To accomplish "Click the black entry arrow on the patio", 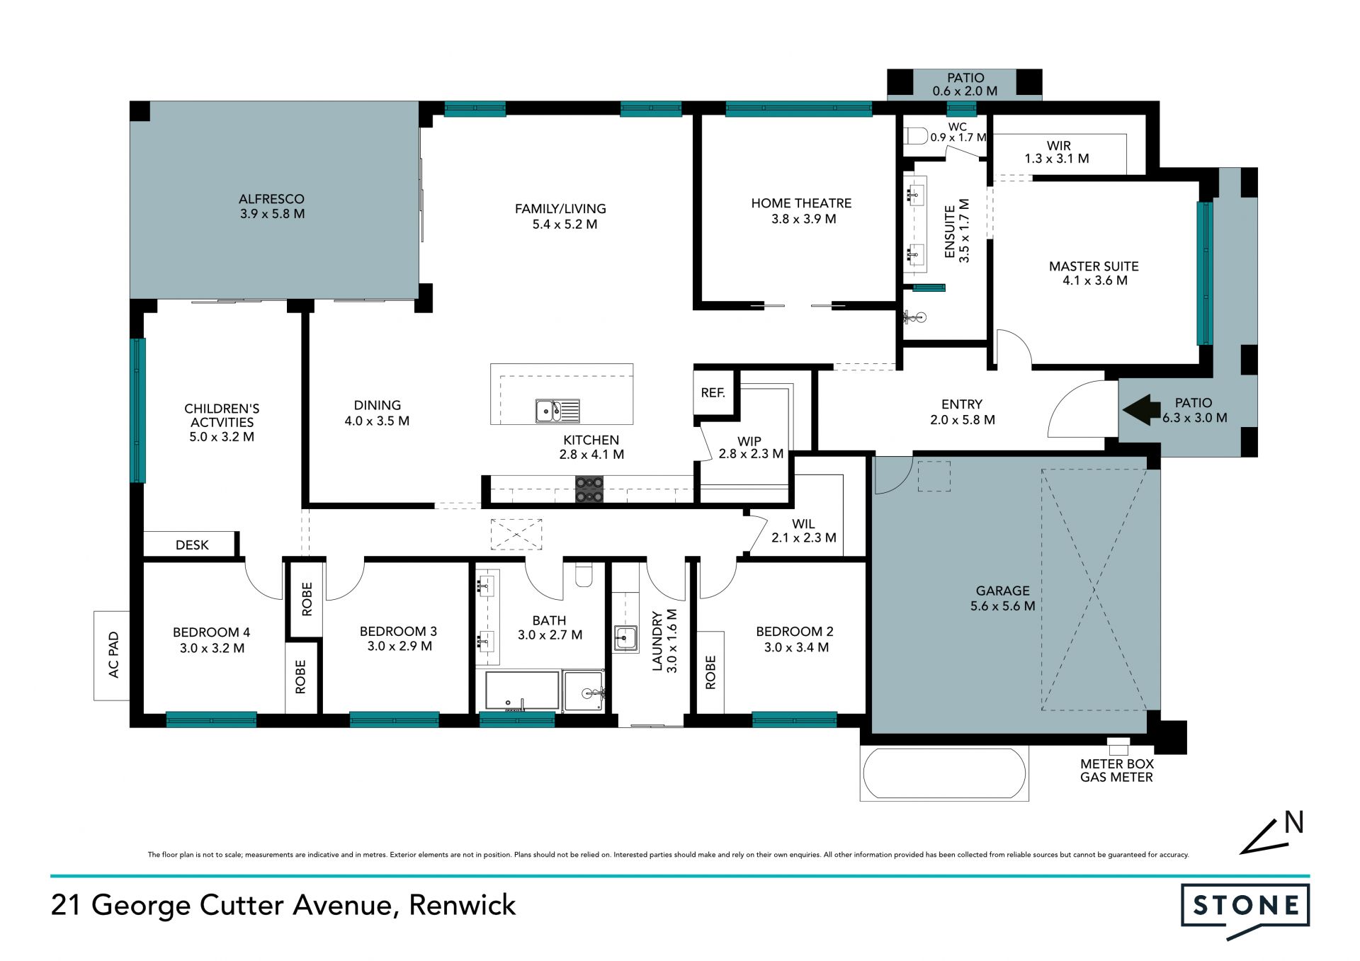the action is click(1141, 410).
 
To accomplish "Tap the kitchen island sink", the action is click(557, 411).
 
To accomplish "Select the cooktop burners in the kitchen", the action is click(589, 489).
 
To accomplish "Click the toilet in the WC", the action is click(916, 135).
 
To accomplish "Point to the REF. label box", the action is click(713, 392).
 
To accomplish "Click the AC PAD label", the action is click(114, 655).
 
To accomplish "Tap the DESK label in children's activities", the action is click(192, 545).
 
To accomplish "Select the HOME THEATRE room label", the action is click(802, 203).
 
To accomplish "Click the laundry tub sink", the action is click(626, 637).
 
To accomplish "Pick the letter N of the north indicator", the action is click(1294, 822).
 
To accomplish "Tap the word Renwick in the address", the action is click(463, 905).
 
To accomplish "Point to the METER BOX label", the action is click(1117, 764).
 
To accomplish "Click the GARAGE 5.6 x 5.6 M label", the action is click(1003, 598).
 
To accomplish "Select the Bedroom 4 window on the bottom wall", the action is click(211, 720).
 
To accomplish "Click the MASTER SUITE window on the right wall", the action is click(1205, 273).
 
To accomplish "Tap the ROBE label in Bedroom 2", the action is click(710, 672).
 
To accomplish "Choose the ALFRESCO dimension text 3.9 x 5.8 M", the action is click(272, 214).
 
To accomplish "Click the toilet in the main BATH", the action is click(584, 575).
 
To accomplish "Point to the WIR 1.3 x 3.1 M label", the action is click(1058, 152).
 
